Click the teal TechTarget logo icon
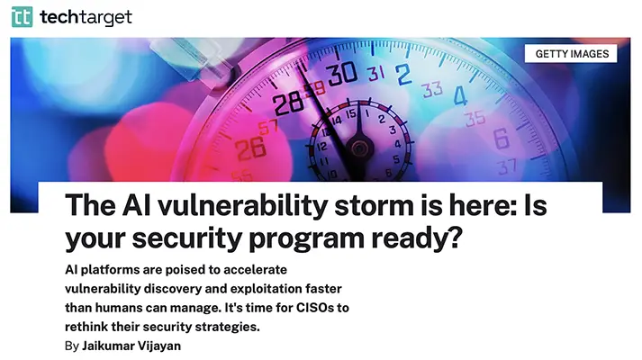point(23,17)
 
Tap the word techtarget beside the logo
point(86,17)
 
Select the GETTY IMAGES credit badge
point(571,54)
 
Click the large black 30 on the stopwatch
point(342,74)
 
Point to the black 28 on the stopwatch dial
point(289,103)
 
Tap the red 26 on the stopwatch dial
point(250,148)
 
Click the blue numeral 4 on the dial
point(460,95)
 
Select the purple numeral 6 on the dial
point(502,139)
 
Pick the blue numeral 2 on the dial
point(402,75)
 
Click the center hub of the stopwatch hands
point(359,148)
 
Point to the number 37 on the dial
point(507,166)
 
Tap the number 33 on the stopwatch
point(432,89)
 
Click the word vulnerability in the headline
point(242,205)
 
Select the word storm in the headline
point(374,205)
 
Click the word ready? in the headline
point(417,238)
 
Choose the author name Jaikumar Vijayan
point(131,346)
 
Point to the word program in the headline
point(306,238)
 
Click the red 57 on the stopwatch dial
point(267,127)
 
